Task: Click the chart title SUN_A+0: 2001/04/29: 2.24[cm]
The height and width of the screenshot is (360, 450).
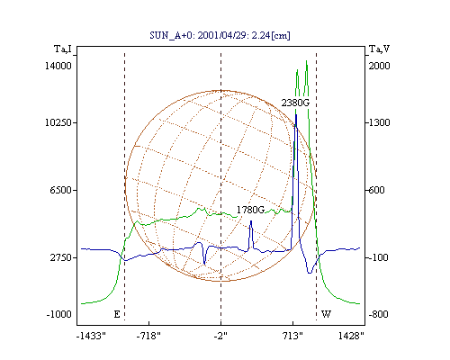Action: [220, 35]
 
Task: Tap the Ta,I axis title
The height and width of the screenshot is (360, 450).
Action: [63, 49]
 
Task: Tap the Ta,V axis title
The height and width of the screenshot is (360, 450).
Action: [380, 49]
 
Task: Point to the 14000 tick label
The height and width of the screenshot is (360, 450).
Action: [58, 66]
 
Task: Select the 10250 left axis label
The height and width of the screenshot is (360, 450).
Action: [58, 122]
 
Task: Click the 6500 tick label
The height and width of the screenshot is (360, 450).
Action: [61, 190]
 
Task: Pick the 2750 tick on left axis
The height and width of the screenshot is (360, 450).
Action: [61, 257]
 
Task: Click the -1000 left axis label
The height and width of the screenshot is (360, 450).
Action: [59, 314]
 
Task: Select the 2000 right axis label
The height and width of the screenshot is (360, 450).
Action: [379, 66]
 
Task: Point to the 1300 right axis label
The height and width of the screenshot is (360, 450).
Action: [379, 122]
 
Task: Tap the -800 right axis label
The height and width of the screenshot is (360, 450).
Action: [378, 314]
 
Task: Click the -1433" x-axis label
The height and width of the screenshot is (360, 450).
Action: [91, 336]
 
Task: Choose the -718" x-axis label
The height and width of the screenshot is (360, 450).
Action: [148, 336]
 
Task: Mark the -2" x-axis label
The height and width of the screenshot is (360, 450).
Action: [220, 336]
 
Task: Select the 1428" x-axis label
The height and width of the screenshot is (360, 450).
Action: [351, 336]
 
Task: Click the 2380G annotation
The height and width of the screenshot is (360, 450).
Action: [295, 103]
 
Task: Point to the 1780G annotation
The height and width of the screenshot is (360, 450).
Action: [251, 210]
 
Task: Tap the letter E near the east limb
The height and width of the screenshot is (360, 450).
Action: [117, 314]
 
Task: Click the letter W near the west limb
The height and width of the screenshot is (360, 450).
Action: [326, 314]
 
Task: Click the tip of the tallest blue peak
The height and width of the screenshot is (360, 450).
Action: [296, 114]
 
